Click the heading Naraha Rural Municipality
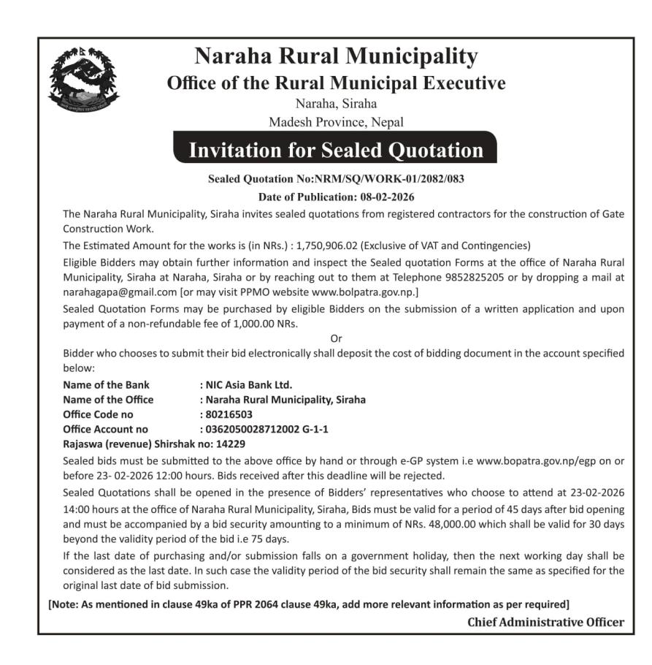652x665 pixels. (336, 56)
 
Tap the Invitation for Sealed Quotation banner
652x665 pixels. (336, 150)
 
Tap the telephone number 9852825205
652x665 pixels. (448, 277)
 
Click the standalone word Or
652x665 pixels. (336, 338)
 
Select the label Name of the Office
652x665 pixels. (108, 400)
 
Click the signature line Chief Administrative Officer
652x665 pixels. (545, 622)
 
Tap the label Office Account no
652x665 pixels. (105, 429)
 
